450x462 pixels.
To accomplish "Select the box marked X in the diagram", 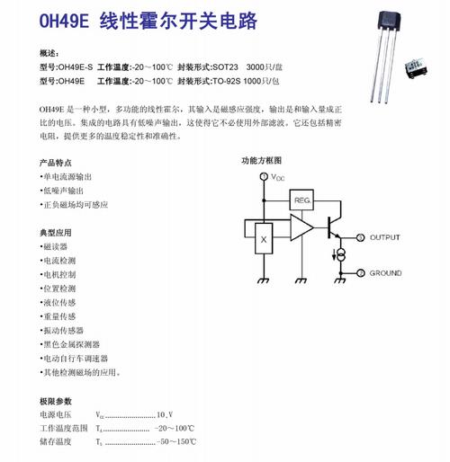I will coord(263,240).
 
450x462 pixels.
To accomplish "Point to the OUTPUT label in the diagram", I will coord(385,238).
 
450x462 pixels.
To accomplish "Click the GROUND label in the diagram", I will coord(385,272).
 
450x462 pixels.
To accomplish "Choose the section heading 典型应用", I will coord(55,232).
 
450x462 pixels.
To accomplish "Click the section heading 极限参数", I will coord(55,400).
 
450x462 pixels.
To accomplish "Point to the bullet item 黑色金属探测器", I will coord(70,344).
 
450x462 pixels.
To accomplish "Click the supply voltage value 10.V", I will coord(165,415).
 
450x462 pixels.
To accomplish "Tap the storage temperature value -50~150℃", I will coord(176,443).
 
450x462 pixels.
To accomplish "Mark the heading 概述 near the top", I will coord(50,54).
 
